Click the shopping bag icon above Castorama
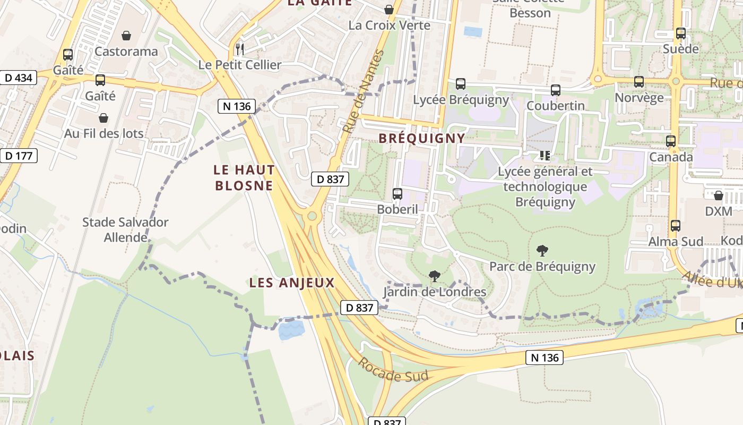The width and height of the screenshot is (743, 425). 126,36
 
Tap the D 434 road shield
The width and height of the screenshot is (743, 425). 18,78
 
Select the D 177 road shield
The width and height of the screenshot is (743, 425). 19,156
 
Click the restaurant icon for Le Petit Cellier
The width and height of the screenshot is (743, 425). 240,49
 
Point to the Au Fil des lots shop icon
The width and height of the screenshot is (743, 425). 103,118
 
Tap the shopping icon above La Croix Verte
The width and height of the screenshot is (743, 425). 389,10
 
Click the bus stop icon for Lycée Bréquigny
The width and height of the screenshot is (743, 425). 461,84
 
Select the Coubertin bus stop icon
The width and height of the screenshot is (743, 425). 556,90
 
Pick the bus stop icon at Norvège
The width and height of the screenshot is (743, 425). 639,82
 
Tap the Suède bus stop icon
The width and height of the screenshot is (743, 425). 681,33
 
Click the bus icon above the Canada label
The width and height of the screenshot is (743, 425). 671,141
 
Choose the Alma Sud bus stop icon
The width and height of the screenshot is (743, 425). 676,226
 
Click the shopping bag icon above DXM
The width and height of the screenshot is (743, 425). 719,195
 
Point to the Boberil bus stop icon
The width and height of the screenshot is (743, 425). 398,194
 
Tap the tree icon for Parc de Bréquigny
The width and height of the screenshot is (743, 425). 542,251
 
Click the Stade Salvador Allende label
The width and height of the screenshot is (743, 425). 125,229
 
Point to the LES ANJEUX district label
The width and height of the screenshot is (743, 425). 292,283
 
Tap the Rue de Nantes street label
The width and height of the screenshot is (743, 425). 363,91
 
